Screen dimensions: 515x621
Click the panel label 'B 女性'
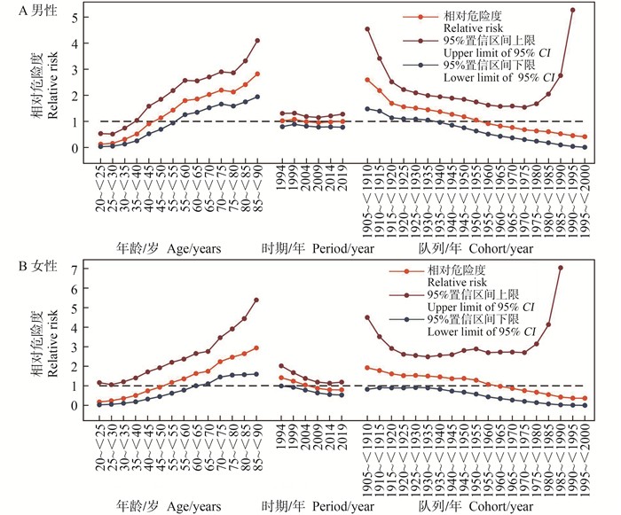pyautogui.click(x=29, y=263)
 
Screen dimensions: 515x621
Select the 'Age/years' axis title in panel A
pyautogui.click(x=191, y=249)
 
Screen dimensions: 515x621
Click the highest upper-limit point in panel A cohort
pyautogui.click(x=572, y=10)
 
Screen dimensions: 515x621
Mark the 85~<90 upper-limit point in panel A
pyautogui.click(x=257, y=40)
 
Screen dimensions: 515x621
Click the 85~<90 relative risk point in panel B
pyautogui.click(x=256, y=348)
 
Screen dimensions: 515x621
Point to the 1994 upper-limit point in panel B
pyautogui.click(x=281, y=366)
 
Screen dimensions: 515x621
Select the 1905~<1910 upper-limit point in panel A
pyautogui.click(x=367, y=29)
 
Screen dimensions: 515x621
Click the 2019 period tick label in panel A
pyautogui.click(x=340, y=178)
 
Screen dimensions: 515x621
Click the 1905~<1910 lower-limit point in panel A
pyautogui.click(x=367, y=109)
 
